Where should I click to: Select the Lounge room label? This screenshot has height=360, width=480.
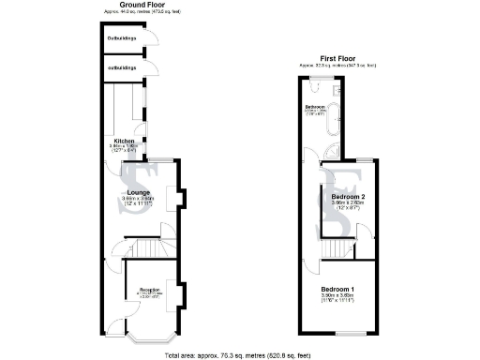tap(139, 192)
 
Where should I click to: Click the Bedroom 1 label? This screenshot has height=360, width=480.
tap(337, 288)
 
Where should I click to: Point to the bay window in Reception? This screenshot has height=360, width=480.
tap(148, 336)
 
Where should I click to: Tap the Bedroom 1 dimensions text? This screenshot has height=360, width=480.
tap(337, 296)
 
